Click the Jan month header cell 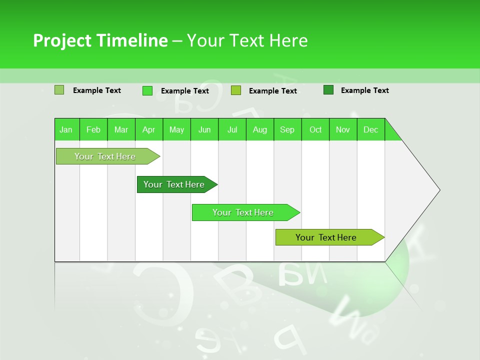pos(66,129)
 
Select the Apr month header pos(149,129)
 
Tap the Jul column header pos(232,129)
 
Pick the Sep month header pos(287,129)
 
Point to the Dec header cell pos(370,129)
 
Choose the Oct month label pos(315,129)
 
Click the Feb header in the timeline pos(93,129)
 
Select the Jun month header pos(204,129)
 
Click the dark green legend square pos(328,90)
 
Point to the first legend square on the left pos(59,90)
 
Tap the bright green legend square pos(147,90)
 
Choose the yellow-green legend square pos(236,90)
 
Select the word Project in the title pos(62,40)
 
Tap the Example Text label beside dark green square pos(364,90)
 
